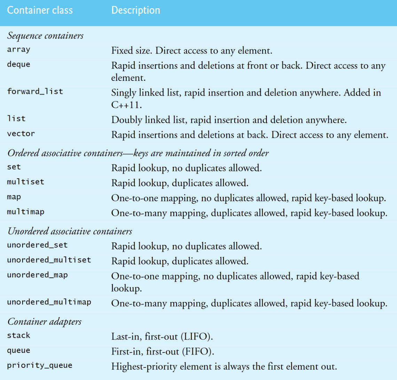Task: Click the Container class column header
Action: [40, 10]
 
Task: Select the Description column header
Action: [135, 10]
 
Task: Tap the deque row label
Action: [18, 65]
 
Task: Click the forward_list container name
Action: [35, 91]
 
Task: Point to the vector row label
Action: [21, 134]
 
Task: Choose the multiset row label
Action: [25, 182]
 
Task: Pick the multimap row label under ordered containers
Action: [25, 212]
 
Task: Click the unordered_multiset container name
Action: [49, 260]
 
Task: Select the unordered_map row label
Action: [37, 275]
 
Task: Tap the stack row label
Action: [18, 335]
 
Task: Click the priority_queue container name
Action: [39, 365]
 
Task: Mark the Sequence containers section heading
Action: [45, 36]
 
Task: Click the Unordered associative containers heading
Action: [70, 231]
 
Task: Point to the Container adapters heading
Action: [44, 322]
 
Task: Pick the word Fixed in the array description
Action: [120, 51]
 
